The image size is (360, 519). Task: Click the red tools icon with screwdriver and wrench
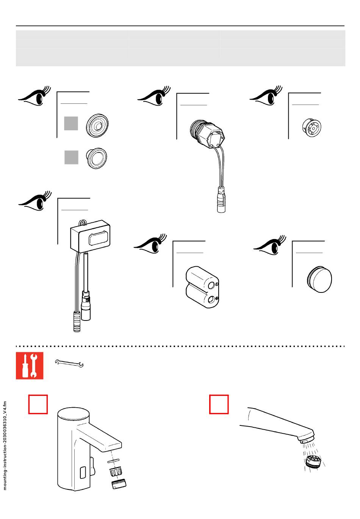click(x=30, y=366)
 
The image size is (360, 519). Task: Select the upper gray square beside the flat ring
click(x=71, y=123)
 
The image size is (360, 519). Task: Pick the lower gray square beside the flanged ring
click(x=71, y=157)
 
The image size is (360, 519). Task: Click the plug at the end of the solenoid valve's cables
click(x=221, y=200)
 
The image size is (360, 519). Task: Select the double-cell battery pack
click(x=202, y=286)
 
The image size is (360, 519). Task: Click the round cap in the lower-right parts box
click(x=319, y=280)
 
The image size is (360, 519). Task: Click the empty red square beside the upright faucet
click(x=38, y=404)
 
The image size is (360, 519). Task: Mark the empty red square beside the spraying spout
click(x=219, y=404)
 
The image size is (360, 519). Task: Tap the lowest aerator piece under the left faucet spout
click(x=119, y=484)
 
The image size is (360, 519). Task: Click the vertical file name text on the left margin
click(x=5, y=445)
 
